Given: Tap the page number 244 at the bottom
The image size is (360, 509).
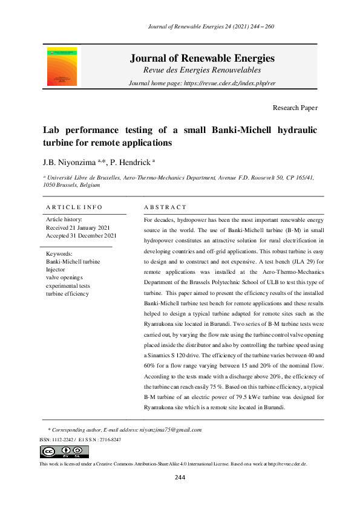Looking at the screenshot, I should click(x=180, y=478).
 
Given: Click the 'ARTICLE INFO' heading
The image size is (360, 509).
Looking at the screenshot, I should click(x=74, y=207).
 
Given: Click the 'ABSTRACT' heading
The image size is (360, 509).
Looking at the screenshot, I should click(x=165, y=207).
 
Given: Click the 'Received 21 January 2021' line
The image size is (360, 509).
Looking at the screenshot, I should click(x=79, y=227).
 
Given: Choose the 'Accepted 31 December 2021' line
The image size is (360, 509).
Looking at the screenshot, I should click(x=81, y=236).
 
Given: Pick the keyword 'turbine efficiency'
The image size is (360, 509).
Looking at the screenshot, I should click(x=67, y=293).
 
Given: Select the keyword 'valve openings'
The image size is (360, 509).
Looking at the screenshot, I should click(x=64, y=277).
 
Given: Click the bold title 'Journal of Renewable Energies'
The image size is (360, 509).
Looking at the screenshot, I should click(x=202, y=59).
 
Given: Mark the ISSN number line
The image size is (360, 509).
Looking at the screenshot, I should click(x=80, y=439).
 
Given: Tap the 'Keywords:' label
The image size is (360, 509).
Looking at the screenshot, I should click(x=59, y=254).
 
